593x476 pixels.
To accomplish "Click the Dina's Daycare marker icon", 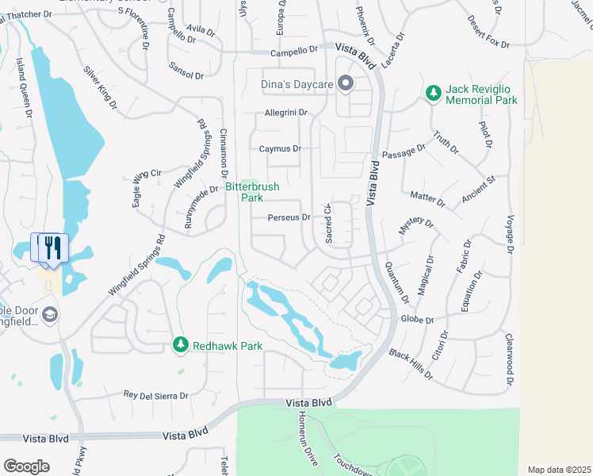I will point(345,83).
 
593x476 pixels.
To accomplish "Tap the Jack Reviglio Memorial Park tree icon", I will point(433,94).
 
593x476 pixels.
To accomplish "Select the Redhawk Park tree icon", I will point(181,344).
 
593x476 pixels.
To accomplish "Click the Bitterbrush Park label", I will point(243,191).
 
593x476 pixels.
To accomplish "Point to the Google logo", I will point(26,466).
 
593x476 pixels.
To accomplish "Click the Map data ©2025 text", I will point(559,470).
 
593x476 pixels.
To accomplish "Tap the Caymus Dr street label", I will point(280,148).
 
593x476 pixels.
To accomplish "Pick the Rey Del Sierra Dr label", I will point(156,394).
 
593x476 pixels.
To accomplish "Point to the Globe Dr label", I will point(418,320).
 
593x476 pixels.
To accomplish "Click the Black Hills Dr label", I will point(411,362).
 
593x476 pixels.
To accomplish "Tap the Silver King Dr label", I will point(101,86).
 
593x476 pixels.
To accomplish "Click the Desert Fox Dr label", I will point(487,32).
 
